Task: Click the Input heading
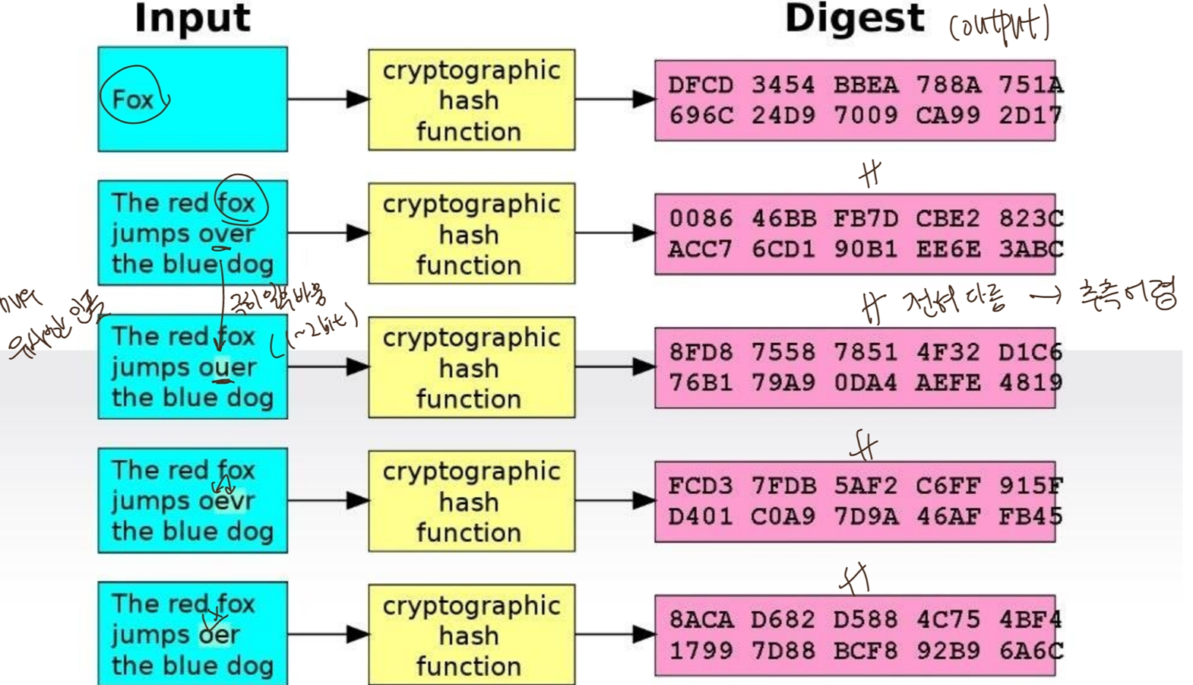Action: coord(192,18)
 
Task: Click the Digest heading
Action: coord(855,18)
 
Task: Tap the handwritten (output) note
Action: coord(999,25)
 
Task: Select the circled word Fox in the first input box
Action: coord(133,99)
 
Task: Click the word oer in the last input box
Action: coord(219,635)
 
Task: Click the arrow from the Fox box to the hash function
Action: coord(328,99)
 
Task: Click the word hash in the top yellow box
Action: coord(469,100)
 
